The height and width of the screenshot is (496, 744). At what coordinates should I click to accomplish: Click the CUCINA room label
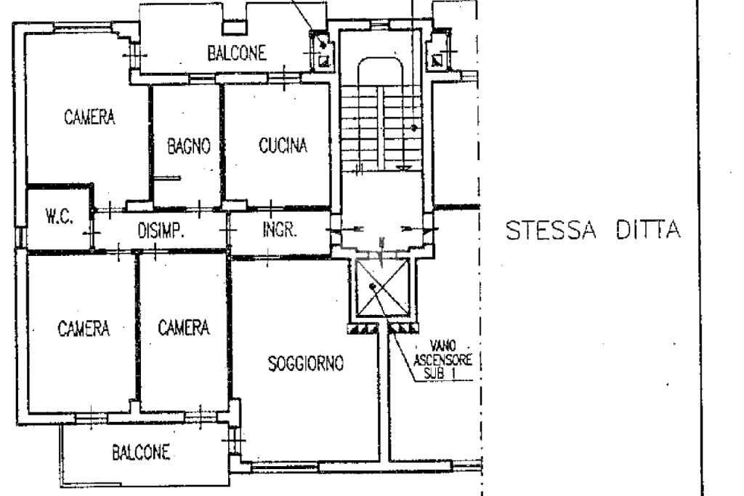(283, 145)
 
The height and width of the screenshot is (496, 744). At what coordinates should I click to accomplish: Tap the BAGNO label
(189, 146)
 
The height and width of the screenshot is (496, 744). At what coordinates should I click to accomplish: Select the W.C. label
(60, 217)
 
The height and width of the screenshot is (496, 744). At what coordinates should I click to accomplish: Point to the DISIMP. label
(161, 231)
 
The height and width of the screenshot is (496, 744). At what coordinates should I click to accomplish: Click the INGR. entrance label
(280, 230)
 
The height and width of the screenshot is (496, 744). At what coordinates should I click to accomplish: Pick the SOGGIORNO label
(306, 364)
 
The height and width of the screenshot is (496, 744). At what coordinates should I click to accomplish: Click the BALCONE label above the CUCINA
(237, 53)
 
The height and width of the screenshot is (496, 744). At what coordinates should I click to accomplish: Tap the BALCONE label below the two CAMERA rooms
(141, 452)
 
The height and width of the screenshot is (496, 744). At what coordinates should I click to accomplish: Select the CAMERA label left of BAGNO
(89, 117)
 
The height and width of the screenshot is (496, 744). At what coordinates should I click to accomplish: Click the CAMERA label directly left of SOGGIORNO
(184, 327)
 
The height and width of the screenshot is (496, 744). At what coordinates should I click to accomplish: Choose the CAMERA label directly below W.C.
(84, 328)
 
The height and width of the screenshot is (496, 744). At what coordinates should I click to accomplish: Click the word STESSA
(551, 231)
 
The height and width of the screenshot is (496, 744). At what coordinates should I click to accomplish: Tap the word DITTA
(648, 231)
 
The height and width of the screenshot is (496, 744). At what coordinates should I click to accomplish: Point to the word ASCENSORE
(442, 360)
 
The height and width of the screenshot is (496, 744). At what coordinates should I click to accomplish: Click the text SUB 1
(440, 373)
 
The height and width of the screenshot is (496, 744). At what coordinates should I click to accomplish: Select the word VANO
(442, 346)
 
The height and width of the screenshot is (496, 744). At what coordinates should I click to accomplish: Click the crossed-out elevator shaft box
(382, 287)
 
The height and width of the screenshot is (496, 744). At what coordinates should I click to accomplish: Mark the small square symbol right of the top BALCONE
(324, 60)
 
